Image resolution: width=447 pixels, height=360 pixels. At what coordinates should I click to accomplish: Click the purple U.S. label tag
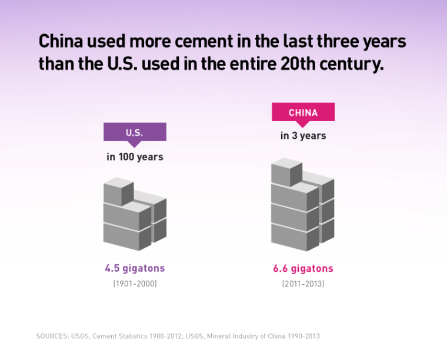pos(135,132)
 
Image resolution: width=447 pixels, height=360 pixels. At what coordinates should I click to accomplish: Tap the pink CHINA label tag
pos(303,112)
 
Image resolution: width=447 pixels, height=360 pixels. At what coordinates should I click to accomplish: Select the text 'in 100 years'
pos(135,157)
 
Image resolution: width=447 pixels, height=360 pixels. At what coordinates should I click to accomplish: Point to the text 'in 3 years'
pos(303,136)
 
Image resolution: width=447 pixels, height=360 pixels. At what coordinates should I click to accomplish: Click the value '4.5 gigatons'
pos(135,269)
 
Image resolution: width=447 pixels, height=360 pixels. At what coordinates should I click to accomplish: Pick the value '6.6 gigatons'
pos(303,269)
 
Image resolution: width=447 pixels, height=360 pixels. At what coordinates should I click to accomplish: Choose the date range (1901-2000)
pos(135,284)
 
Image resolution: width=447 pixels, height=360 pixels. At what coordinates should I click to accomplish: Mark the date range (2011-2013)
pos(303,284)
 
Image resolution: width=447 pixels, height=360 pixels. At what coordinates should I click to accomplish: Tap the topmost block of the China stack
pos(286,171)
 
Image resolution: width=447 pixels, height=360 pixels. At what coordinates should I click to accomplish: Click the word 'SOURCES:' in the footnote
pos(53,336)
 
